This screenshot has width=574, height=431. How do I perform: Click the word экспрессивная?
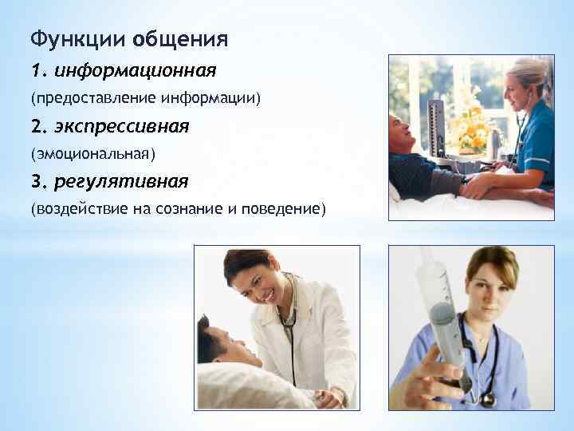click(121, 126)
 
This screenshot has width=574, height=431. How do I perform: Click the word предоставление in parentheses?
click(94, 98)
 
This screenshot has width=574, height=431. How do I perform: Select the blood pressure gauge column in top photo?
click(436, 128)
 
